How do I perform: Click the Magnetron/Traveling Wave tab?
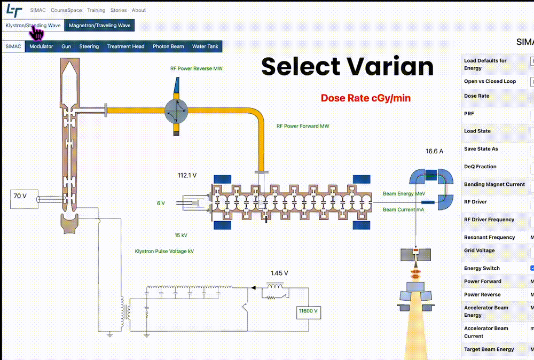tap(99, 25)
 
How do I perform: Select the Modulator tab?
tap(41, 46)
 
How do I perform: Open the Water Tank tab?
tap(205, 46)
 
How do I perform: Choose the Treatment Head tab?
tap(125, 46)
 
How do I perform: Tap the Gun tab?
tap(66, 46)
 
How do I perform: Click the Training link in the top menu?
tap(96, 10)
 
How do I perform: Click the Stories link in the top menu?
tap(119, 10)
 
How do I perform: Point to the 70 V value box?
tap(20, 197)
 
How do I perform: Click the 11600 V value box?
tap(308, 311)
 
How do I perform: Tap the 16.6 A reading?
tap(434, 152)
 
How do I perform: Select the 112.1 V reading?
tap(187, 175)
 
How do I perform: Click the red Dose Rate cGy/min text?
tap(365, 98)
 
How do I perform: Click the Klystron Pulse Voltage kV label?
tap(164, 251)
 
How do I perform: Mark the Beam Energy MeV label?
tap(403, 194)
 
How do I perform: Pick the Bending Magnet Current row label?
tap(494, 184)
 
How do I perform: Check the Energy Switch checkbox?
tap(532, 268)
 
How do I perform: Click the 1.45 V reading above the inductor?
tap(279, 273)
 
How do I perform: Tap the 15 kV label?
tap(180, 235)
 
